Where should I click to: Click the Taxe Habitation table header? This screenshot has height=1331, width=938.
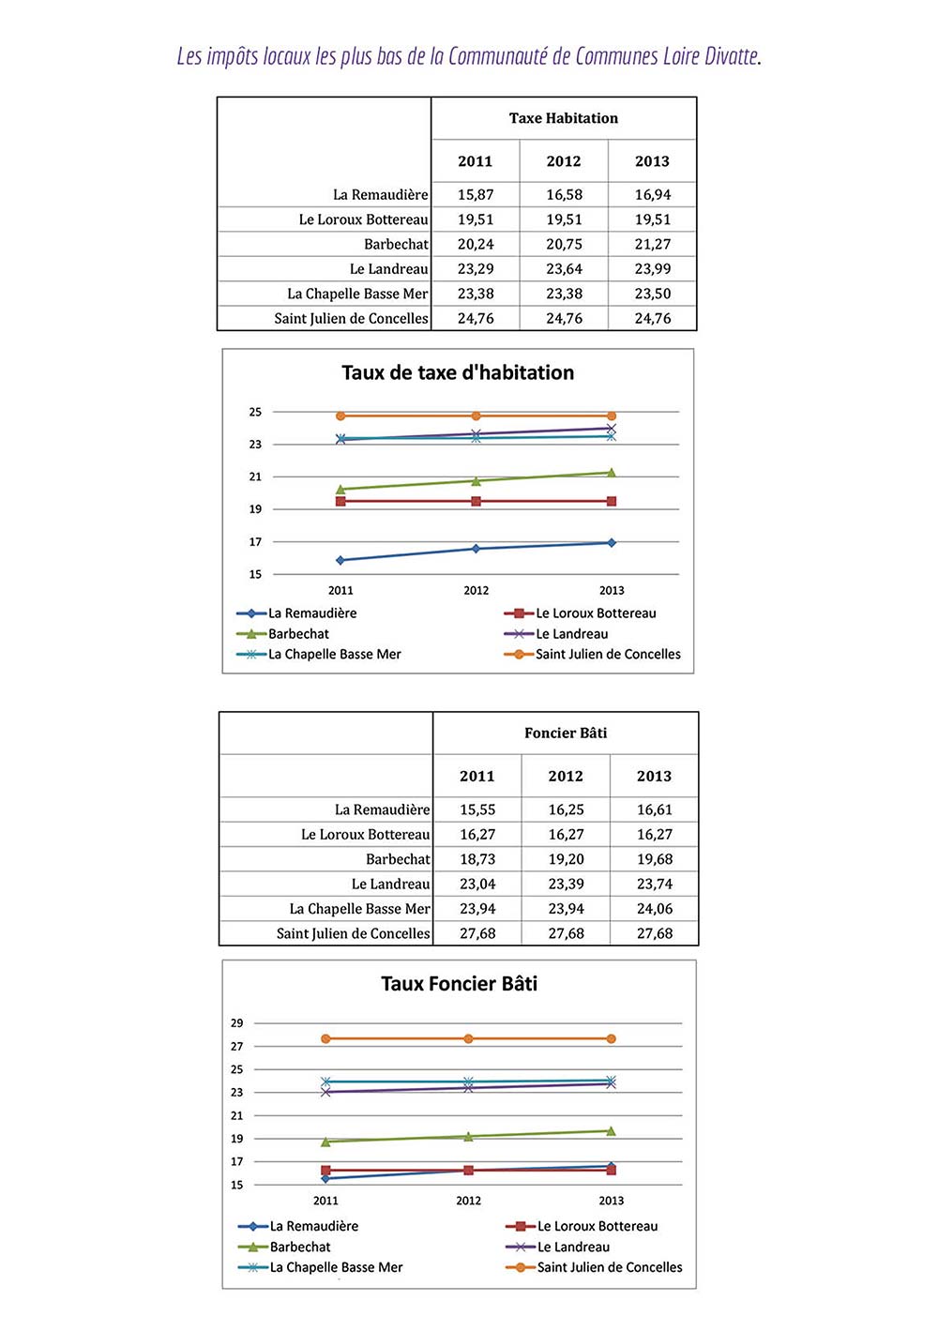click(x=563, y=118)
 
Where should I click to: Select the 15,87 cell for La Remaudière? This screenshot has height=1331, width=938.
click(x=475, y=195)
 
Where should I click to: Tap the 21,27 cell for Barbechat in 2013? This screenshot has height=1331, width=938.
click(x=652, y=244)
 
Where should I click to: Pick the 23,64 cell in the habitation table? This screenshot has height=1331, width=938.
click(x=564, y=269)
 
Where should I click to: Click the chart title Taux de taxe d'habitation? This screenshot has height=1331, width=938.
click(x=458, y=372)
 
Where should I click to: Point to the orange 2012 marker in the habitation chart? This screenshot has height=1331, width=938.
click(x=476, y=416)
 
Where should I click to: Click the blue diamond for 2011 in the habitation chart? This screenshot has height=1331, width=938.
click(x=340, y=560)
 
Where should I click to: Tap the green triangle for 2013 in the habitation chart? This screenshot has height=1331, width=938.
click(x=612, y=473)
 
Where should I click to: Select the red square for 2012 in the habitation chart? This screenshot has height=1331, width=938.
click(x=476, y=502)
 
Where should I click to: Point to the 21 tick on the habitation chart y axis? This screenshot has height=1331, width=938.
click(x=255, y=476)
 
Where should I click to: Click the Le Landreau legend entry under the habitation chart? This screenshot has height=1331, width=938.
click(x=571, y=634)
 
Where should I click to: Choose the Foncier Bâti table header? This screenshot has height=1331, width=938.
click(x=566, y=734)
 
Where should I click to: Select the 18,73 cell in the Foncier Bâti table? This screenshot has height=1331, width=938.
click(x=477, y=859)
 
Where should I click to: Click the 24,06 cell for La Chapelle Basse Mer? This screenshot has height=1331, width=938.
click(x=654, y=909)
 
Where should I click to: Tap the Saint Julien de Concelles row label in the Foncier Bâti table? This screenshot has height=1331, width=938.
click(x=353, y=934)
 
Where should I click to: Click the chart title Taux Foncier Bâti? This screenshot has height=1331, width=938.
click(x=459, y=984)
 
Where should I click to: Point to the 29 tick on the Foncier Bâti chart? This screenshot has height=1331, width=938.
click(x=237, y=1023)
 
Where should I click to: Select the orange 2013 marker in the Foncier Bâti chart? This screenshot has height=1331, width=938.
click(x=612, y=1039)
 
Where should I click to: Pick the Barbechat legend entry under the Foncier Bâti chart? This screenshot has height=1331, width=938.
click(x=300, y=1248)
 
